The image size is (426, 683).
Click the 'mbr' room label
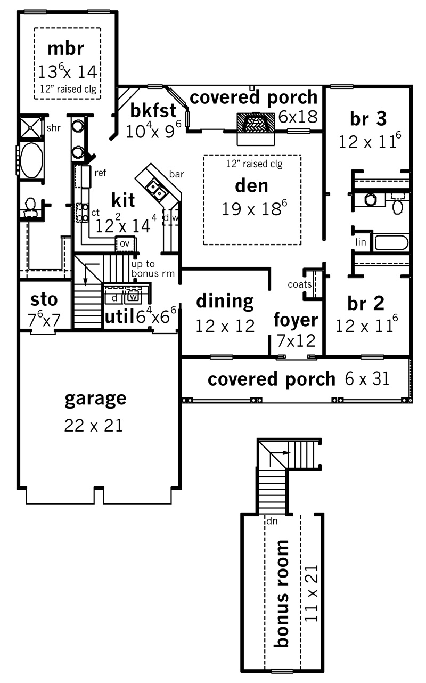click(x=65, y=49)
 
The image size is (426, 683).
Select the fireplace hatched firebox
click(x=256, y=123)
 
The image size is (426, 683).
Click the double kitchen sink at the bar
click(x=155, y=189)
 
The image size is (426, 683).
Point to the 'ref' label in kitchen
click(x=100, y=173)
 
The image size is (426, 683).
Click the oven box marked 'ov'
click(x=125, y=243)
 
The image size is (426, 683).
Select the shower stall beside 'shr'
click(x=30, y=128)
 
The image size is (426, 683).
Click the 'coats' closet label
click(x=300, y=284)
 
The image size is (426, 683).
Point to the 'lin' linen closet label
click(x=361, y=242)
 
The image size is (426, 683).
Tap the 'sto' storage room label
click(x=44, y=300)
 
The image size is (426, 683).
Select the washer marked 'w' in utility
click(x=133, y=296)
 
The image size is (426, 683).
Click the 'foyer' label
click(x=296, y=320)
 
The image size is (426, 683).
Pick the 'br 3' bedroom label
click(x=368, y=118)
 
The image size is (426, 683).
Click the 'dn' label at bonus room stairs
click(x=272, y=521)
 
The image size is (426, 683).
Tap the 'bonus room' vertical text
click(x=281, y=593)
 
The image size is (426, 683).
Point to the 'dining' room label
click(x=225, y=302)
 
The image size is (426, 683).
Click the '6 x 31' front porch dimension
click(x=367, y=379)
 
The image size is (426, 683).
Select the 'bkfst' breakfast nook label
click(x=153, y=110)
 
